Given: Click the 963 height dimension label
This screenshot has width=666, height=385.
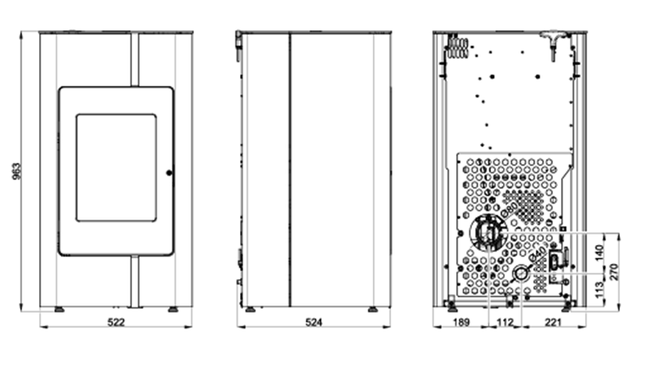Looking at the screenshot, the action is (14, 171).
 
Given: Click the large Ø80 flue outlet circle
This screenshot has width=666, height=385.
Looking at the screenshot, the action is (488, 234).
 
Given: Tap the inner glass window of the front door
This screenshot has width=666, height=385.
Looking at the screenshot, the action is (116, 167).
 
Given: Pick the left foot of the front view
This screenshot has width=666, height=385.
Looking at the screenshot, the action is (59, 309).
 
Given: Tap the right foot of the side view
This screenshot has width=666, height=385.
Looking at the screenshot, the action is (371, 309).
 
